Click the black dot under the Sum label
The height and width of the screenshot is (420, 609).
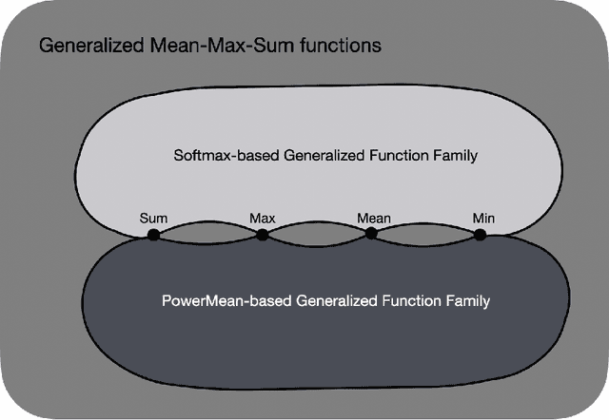[x=153, y=234]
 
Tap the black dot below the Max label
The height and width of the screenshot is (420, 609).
[x=263, y=234]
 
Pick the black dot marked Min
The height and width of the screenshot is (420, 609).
[x=481, y=234]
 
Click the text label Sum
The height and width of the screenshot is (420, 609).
[x=153, y=218]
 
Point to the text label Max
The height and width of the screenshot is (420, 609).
[x=263, y=218]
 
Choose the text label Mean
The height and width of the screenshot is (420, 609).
[x=373, y=218]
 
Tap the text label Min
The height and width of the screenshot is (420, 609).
[x=483, y=218]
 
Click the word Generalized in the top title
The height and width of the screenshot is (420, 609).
[x=83, y=46]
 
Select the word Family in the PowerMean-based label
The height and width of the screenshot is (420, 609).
[x=466, y=302]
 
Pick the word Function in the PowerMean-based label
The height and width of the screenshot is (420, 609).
[x=410, y=302]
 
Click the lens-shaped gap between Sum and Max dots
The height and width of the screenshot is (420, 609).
[x=207, y=234]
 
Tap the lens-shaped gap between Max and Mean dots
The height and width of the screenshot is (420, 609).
[x=317, y=234]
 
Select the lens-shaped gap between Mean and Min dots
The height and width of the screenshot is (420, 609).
[x=426, y=234]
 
